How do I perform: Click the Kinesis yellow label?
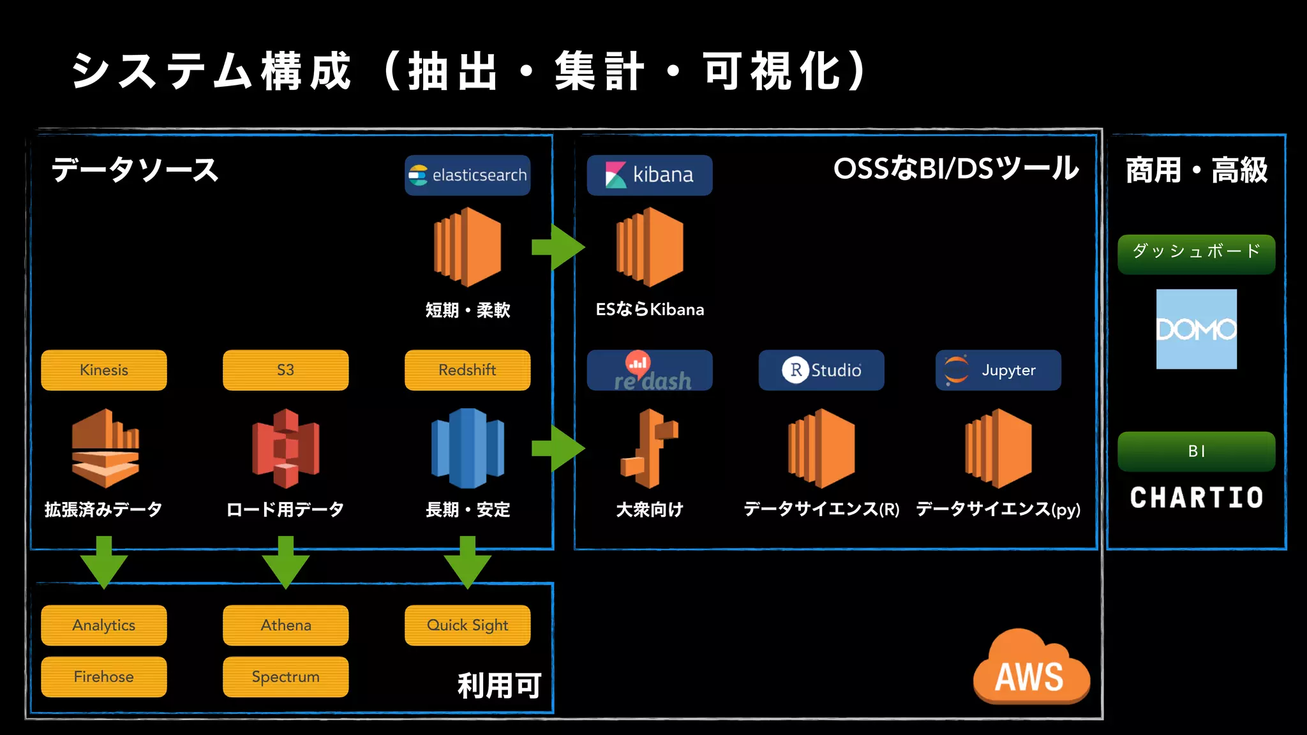(104, 370)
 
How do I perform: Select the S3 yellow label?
(285, 370)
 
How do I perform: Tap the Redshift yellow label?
(467, 370)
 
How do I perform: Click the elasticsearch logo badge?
(467, 175)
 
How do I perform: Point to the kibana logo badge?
(649, 175)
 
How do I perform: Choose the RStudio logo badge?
(821, 370)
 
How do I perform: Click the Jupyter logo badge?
(998, 370)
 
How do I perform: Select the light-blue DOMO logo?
(1196, 329)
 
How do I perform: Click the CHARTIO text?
(1196, 498)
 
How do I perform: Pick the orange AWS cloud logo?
(1030, 670)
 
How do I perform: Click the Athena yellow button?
(285, 625)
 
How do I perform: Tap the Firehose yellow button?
(104, 676)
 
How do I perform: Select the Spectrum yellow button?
(285, 676)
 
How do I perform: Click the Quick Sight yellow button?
(467, 625)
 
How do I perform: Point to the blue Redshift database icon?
(467, 448)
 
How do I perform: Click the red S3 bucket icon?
(285, 448)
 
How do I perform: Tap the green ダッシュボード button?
(1196, 253)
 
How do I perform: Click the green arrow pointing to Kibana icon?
(558, 247)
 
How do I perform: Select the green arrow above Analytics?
(104, 561)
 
